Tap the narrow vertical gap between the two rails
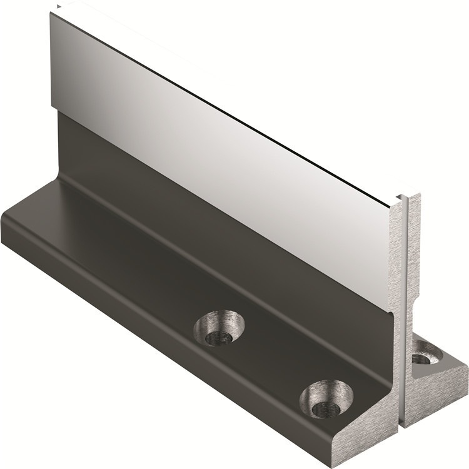click(405, 313)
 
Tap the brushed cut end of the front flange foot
click(375, 431)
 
